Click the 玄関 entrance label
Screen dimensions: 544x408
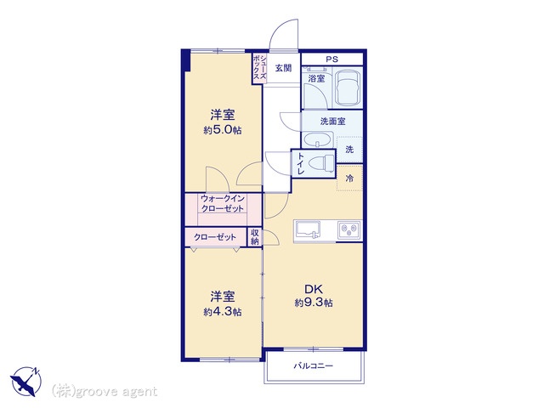(283, 68)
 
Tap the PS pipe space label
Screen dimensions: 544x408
(331, 59)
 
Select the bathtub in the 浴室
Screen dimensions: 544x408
(348, 88)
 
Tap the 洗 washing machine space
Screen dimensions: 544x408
(349, 150)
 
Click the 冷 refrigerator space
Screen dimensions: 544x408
(349, 178)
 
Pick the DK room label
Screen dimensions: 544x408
(314, 289)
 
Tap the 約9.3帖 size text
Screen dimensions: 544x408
(314, 303)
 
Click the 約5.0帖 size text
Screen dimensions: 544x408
(223, 130)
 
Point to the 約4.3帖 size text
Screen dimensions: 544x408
(223, 312)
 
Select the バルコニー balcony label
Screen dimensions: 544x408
(314, 365)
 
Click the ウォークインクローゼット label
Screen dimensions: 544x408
(223, 204)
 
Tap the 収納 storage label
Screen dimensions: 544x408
(255, 237)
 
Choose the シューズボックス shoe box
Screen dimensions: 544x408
(259, 68)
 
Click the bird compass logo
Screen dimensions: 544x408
(26, 381)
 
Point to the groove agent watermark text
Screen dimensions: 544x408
(105, 392)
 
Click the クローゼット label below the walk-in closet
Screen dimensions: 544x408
(215, 237)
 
